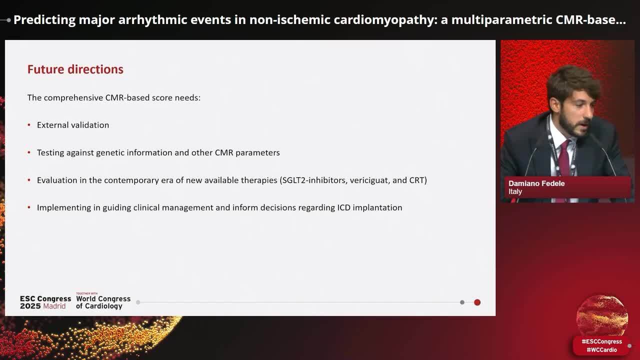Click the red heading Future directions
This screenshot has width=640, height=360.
[x=75, y=69]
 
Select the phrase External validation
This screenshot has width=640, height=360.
[x=73, y=125]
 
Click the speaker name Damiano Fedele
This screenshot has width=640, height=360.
[x=536, y=183]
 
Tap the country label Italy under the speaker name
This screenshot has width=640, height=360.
[x=515, y=191]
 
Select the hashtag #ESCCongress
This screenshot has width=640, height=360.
[x=601, y=341]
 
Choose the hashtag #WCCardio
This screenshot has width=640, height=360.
[x=601, y=350]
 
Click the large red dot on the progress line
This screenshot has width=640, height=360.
[x=477, y=302]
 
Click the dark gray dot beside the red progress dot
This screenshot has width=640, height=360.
[x=462, y=302]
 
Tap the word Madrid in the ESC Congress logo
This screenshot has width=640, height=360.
[x=54, y=306]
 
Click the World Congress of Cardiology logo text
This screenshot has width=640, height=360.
[x=103, y=302]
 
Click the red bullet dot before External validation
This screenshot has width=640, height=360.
[x=29, y=125]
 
